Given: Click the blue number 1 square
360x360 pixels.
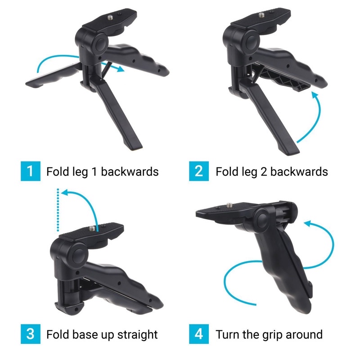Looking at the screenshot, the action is (31, 171).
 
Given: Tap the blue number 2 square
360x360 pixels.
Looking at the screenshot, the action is (199, 171).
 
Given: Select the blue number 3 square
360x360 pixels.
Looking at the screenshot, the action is (31, 334).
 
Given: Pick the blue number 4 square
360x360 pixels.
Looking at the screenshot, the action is (199, 334).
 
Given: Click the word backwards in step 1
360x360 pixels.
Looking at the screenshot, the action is (130, 171).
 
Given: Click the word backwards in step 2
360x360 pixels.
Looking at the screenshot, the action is (299, 171).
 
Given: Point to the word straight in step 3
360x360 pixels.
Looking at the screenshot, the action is (137, 335).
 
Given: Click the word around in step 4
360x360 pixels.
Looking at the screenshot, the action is (304, 334).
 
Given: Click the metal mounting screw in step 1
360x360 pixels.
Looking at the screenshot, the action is (110, 17).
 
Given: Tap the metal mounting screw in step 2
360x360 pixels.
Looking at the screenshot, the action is (261, 15).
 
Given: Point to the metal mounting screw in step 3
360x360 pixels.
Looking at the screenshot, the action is (92, 229).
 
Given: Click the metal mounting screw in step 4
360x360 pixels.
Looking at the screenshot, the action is (229, 205).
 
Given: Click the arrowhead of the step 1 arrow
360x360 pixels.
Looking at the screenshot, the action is (120, 69).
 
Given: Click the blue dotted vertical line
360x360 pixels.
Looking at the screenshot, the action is (58, 210).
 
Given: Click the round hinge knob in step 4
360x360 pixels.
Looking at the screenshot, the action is (262, 219).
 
